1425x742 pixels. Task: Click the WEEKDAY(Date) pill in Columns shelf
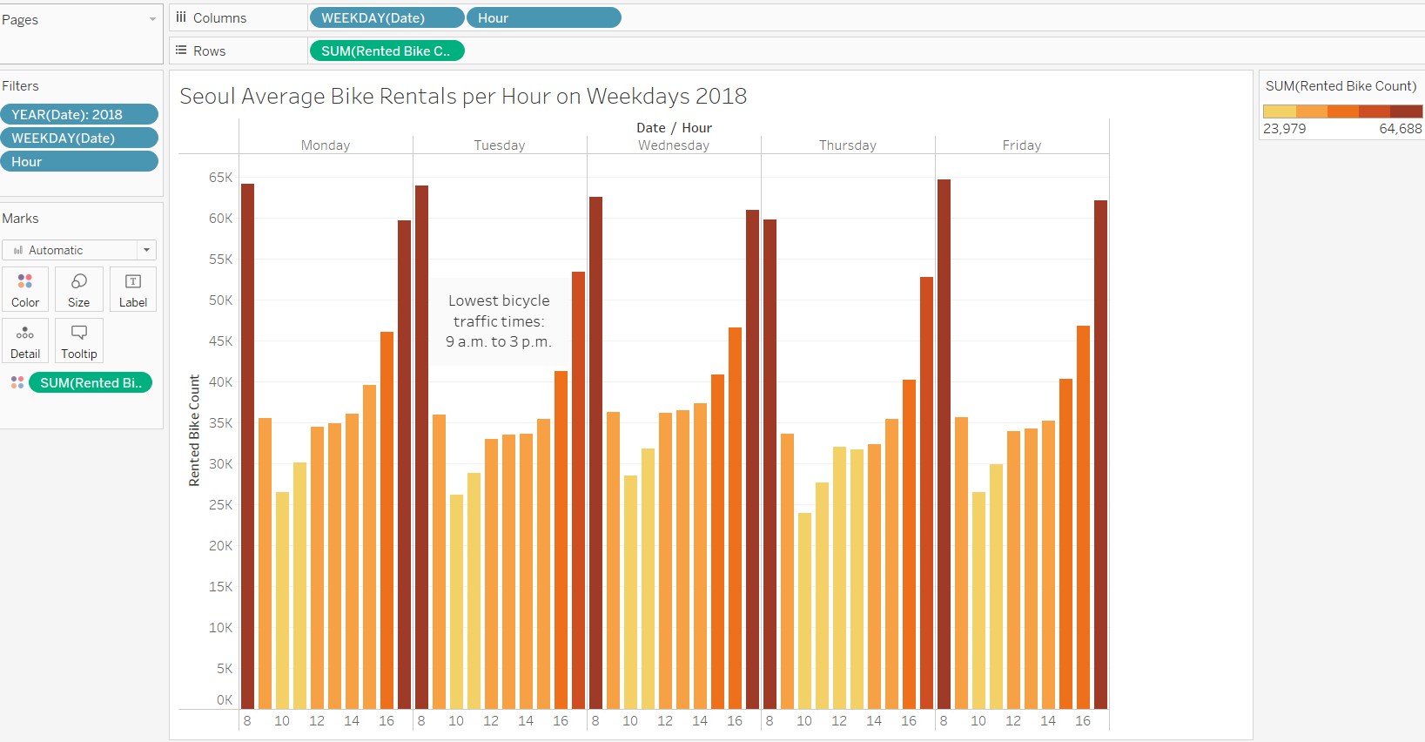point(386,17)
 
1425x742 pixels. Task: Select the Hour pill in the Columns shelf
point(543,17)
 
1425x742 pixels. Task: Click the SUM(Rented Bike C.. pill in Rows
point(386,51)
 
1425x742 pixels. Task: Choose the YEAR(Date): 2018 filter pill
point(78,114)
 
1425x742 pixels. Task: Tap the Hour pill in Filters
point(78,161)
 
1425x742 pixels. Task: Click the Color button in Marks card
point(25,289)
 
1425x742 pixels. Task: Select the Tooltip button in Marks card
point(79,341)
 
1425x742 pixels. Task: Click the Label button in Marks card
point(133,289)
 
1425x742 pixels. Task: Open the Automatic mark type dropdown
point(78,250)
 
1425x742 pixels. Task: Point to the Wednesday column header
point(674,145)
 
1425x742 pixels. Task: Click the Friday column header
point(1021,145)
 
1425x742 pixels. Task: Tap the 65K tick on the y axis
point(220,178)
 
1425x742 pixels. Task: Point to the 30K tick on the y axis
point(220,464)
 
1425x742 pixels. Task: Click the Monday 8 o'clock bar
point(247,444)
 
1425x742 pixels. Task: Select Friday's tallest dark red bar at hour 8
point(944,444)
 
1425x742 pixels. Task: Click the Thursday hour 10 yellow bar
point(804,610)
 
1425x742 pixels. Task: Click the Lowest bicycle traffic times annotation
point(499,321)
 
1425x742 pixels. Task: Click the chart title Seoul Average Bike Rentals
point(462,96)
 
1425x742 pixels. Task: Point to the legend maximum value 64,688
point(1400,129)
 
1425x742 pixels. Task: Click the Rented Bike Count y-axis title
point(194,430)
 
